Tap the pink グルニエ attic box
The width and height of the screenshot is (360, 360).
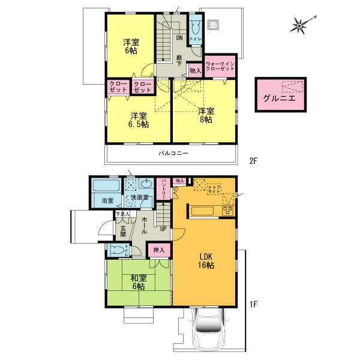tap(279, 94)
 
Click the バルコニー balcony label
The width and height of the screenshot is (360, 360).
tap(173, 154)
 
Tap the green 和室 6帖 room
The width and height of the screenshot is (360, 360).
tap(139, 282)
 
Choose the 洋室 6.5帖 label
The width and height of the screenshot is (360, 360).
tap(139, 119)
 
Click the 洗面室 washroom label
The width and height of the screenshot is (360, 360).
tap(140, 199)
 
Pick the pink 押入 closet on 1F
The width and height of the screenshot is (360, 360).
tap(160, 250)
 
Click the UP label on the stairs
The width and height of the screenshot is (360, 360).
tap(163, 227)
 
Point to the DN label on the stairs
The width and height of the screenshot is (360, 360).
tap(179, 37)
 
